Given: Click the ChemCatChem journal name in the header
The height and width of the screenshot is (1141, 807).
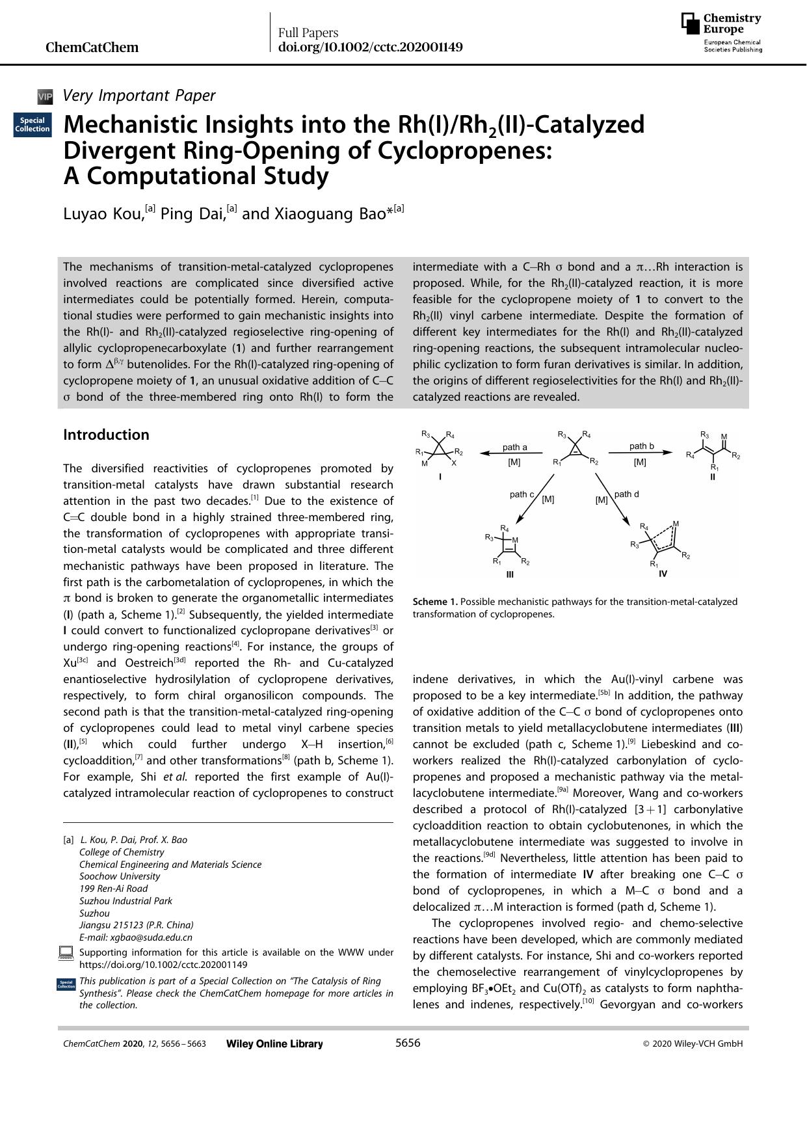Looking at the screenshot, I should [x=92, y=47].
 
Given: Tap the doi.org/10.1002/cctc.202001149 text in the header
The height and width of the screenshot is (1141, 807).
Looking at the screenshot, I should [x=370, y=47].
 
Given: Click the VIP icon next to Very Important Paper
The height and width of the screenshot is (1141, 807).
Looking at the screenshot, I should [x=45, y=97].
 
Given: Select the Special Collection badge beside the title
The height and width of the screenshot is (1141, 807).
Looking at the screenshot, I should [x=33, y=124].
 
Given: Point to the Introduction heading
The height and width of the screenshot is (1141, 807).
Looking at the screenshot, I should [x=106, y=435].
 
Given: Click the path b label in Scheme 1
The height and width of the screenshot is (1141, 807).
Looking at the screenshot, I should [x=641, y=446].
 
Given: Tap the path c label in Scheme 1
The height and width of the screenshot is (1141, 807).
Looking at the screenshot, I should [x=522, y=494].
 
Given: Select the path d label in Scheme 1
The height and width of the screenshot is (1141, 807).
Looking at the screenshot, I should [x=626, y=494].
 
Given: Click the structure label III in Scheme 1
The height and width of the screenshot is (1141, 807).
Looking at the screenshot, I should [x=510, y=574].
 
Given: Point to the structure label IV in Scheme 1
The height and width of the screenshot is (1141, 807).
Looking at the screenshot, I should [x=663, y=574].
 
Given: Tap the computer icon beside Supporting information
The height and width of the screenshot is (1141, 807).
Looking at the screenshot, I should [x=66, y=953].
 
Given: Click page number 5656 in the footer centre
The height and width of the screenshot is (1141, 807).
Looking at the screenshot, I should [x=408, y=1043].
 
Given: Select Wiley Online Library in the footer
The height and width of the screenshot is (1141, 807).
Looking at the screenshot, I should [x=274, y=1043].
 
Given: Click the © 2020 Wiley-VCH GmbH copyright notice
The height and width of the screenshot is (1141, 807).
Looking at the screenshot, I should [x=693, y=1043].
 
